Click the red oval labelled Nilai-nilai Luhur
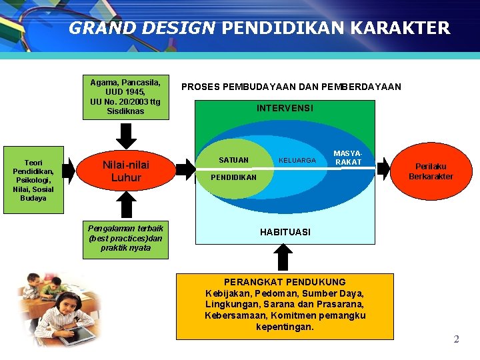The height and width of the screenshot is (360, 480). pos(126,171)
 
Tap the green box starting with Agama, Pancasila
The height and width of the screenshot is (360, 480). pos(126,96)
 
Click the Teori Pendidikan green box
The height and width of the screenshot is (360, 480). pos(33,180)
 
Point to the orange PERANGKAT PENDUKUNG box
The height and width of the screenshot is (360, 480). pos(285,305)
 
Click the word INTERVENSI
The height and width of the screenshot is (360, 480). pos(285,108)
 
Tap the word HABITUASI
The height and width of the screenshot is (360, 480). pos(285,232)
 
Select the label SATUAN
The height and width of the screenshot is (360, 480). pos(233,160)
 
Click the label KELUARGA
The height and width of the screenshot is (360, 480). pos(297,161)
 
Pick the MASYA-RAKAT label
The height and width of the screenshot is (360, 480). pos(347,158)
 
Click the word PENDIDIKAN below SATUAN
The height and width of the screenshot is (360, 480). pos(233,178)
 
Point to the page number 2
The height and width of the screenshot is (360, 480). pos(456,339)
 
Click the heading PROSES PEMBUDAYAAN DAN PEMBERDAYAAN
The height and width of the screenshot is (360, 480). pos(291,87)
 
